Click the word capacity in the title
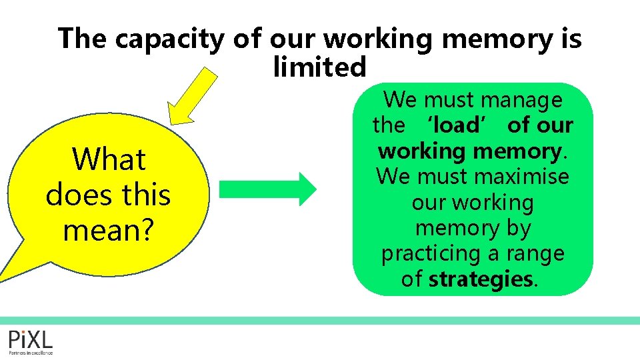[x=171, y=40]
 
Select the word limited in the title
[x=320, y=67]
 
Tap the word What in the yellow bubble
[x=109, y=160]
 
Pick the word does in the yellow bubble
[x=79, y=195]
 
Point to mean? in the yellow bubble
[x=109, y=230]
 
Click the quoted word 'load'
[x=456, y=125]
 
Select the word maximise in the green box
[x=522, y=177]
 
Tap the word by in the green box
[x=516, y=228]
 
